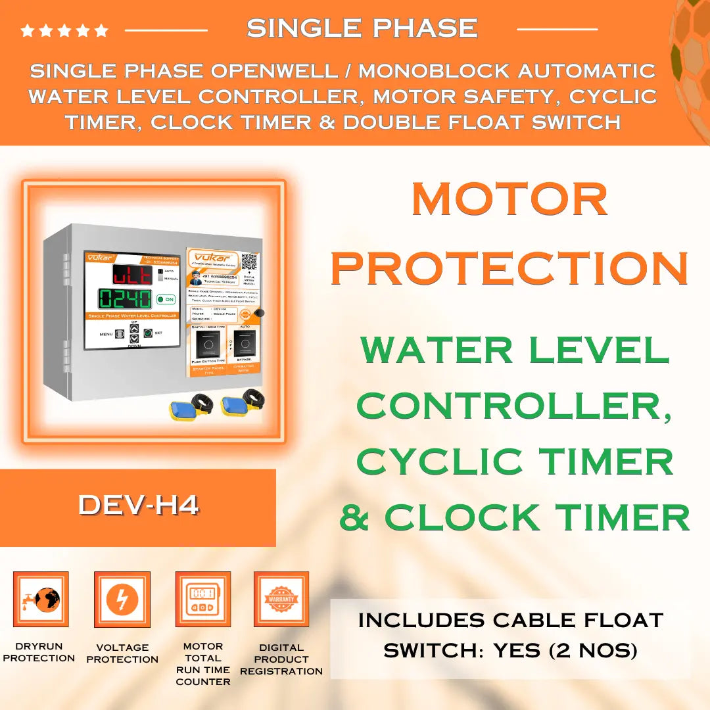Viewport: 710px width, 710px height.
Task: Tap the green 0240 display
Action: [x=125, y=299]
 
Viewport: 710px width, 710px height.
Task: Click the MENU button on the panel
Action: [x=120, y=334]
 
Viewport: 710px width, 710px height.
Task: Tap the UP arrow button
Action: [x=134, y=328]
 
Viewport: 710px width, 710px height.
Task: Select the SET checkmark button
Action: [x=148, y=333]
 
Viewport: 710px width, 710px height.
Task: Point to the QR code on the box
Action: [x=249, y=262]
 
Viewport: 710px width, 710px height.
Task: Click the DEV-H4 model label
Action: [x=138, y=506]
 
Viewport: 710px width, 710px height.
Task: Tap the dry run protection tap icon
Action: [x=41, y=599]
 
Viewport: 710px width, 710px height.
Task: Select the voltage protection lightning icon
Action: [x=122, y=599]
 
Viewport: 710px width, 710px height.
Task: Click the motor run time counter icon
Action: [x=202, y=599]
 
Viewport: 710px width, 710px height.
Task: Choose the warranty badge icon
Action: [x=281, y=599]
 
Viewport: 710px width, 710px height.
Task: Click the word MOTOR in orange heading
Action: [x=509, y=199]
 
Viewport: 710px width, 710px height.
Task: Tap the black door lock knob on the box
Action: [x=261, y=314]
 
